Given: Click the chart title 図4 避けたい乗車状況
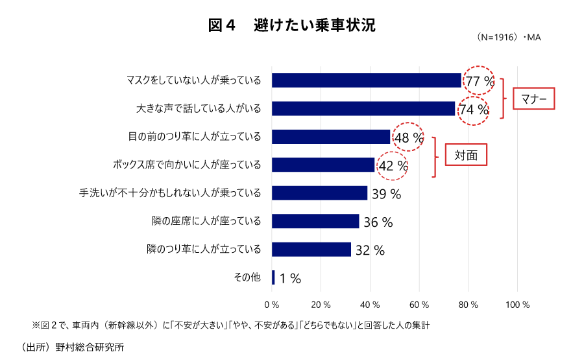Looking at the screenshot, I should [x=291, y=25].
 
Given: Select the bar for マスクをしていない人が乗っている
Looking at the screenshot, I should [x=366, y=80].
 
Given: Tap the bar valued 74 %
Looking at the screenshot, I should [x=363, y=108].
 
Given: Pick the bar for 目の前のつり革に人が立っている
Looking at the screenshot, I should [x=331, y=137].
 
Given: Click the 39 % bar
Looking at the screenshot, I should [x=319, y=193].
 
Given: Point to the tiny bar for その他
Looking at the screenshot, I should [x=273, y=277].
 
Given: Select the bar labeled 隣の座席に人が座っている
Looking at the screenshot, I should [x=315, y=221].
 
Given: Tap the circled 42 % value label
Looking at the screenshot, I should [x=393, y=166].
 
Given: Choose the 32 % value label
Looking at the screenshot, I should [x=370, y=250].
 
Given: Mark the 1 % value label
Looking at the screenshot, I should [x=290, y=279].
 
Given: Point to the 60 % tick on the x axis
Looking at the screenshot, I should [x=420, y=304].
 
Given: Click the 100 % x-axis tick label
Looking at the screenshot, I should [x=517, y=304].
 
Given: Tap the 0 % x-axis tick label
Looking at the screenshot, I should [x=272, y=304].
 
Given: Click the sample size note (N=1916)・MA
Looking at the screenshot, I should [x=508, y=38].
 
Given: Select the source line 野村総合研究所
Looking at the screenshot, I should [x=73, y=347].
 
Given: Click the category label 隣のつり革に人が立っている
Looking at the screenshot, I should [x=204, y=249].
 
